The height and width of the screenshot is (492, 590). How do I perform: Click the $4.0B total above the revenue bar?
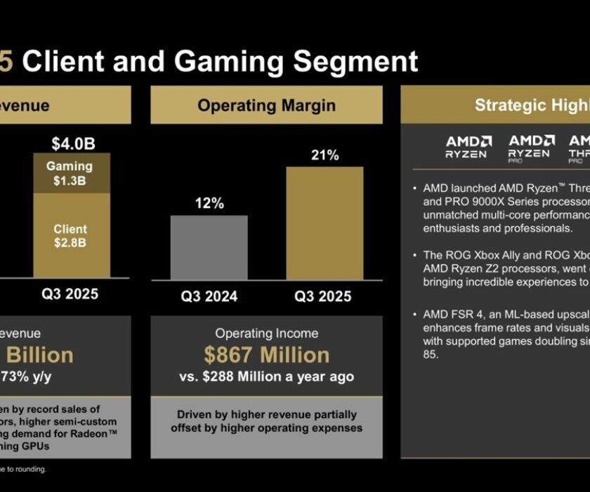point(73,144)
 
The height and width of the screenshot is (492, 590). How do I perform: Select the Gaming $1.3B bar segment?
point(70,173)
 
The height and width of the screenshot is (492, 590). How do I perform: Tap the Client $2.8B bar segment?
point(70,235)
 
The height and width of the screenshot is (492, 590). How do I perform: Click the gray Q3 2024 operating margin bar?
point(209,248)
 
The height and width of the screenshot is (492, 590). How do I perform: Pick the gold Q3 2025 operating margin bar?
point(324,224)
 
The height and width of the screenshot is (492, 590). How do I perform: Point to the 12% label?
point(209,204)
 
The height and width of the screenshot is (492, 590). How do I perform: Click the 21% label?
point(324,155)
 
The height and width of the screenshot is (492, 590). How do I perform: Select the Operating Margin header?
point(266,105)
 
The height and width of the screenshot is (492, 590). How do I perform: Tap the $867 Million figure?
point(266,355)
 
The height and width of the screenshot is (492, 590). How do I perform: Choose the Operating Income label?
point(266,333)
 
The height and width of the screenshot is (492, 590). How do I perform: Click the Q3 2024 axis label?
point(209,297)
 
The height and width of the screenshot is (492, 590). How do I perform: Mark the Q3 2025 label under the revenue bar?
point(70,294)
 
